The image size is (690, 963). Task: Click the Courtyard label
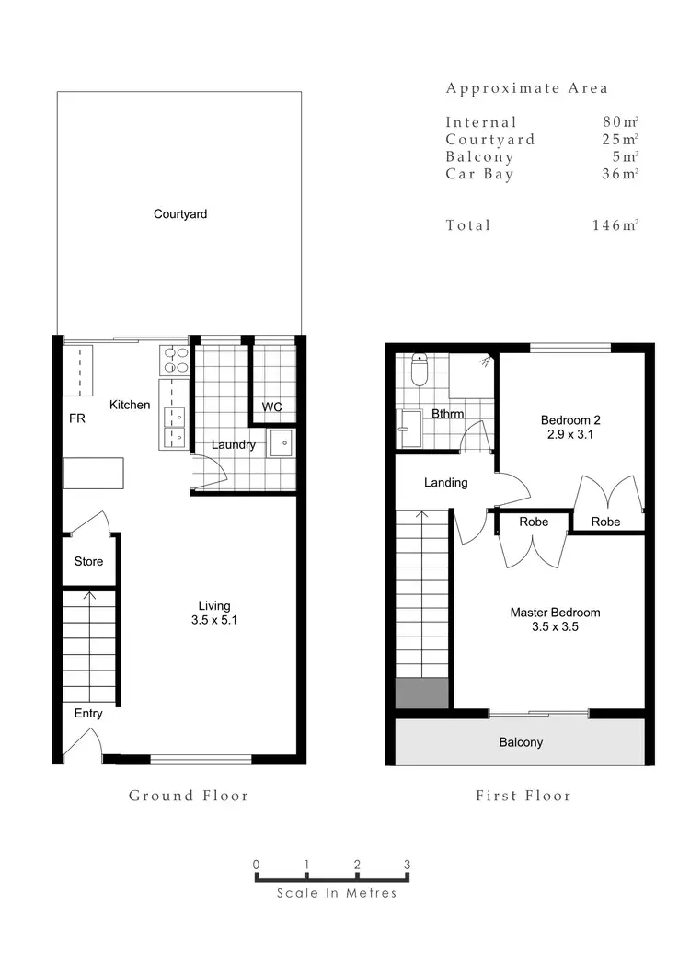tap(180, 214)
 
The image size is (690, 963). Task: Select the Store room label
tap(89, 561)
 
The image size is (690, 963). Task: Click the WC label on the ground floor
tap(271, 407)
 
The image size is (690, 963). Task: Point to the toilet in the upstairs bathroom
tap(420, 370)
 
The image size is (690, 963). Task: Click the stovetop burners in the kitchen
tap(175, 360)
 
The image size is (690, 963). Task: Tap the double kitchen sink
tap(173, 428)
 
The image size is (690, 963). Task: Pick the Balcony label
tap(521, 742)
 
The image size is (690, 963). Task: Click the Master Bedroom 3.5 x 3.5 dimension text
tap(555, 627)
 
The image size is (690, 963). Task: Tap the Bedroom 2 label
tap(570, 420)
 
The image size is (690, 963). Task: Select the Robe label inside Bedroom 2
tap(605, 522)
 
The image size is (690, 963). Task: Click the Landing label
tap(445, 482)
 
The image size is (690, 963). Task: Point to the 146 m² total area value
tap(615, 225)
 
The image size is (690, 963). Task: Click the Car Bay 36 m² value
tap(617, 174)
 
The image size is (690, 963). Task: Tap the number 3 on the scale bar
tap(406, 865)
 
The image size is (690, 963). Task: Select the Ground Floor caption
tap(189, 796)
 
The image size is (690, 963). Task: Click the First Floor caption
tap(523, 796)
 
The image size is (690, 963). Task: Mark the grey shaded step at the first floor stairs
tap(421, 694)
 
